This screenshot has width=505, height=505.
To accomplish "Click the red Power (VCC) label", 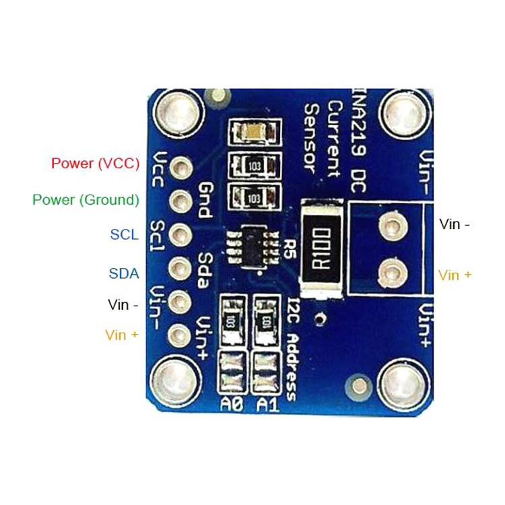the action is pyautogui.click(x=96, y=164).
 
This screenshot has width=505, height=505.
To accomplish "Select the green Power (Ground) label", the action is pyautogui.click(x=86, y=200).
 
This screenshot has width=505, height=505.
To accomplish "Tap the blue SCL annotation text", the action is pyautogui.click(x=125, y=234).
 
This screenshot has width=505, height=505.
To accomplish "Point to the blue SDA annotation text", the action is pyautogui.click(x=124, y=274).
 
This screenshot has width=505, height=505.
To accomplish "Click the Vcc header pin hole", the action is pyautogui.click(x=180, y=168).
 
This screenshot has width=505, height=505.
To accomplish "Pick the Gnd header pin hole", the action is pyautogui.click(x=180, y=201).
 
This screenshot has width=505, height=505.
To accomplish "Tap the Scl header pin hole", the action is pyautogui.click(x=180, y=234).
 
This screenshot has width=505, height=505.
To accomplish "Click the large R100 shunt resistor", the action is pyautogui.click(x=321, y=248).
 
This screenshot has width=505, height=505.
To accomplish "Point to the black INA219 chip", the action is pyautogui.click(x=253, y=247).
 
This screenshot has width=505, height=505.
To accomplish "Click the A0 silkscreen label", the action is pyautogui.click(x=232, y=404).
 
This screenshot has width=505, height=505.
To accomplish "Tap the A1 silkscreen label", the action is pyautogui.click(x=267, y=405).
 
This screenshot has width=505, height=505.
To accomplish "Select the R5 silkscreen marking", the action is pyautogui.click(x=288, y=249).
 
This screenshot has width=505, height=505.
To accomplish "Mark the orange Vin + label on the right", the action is pyautogui.click(x=455, y=275).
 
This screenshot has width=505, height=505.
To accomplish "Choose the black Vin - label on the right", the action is pyautogui.click(x=454, y=224).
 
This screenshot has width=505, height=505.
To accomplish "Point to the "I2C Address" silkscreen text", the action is pyautogui.click(x=293, y=349).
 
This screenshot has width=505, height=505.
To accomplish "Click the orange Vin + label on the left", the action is pyautogui.click(x=122, y=335).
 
